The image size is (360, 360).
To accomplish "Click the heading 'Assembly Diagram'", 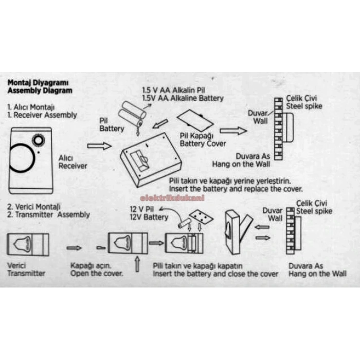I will pyautogui.click(x=40, y=91).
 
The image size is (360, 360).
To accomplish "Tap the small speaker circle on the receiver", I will pyautogui.click(x=38, y=140).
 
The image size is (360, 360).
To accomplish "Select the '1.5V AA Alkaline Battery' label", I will pyautogui.click(x=183, y=98).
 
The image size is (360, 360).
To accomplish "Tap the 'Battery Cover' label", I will pyautogui.click(x=203, y=143).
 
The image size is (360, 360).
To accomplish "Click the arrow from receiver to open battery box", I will pyautogui.click(x=99, y=147).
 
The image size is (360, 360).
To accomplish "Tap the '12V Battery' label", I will pyautogui.click(x=149, y=217).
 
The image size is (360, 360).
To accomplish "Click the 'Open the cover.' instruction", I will pyautogui.click(x=96, y=274).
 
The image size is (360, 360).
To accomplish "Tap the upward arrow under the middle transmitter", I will pyautogui.click(x=137, y=265).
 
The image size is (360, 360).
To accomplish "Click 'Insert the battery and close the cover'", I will pyautogui.click(x=215, y=274).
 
